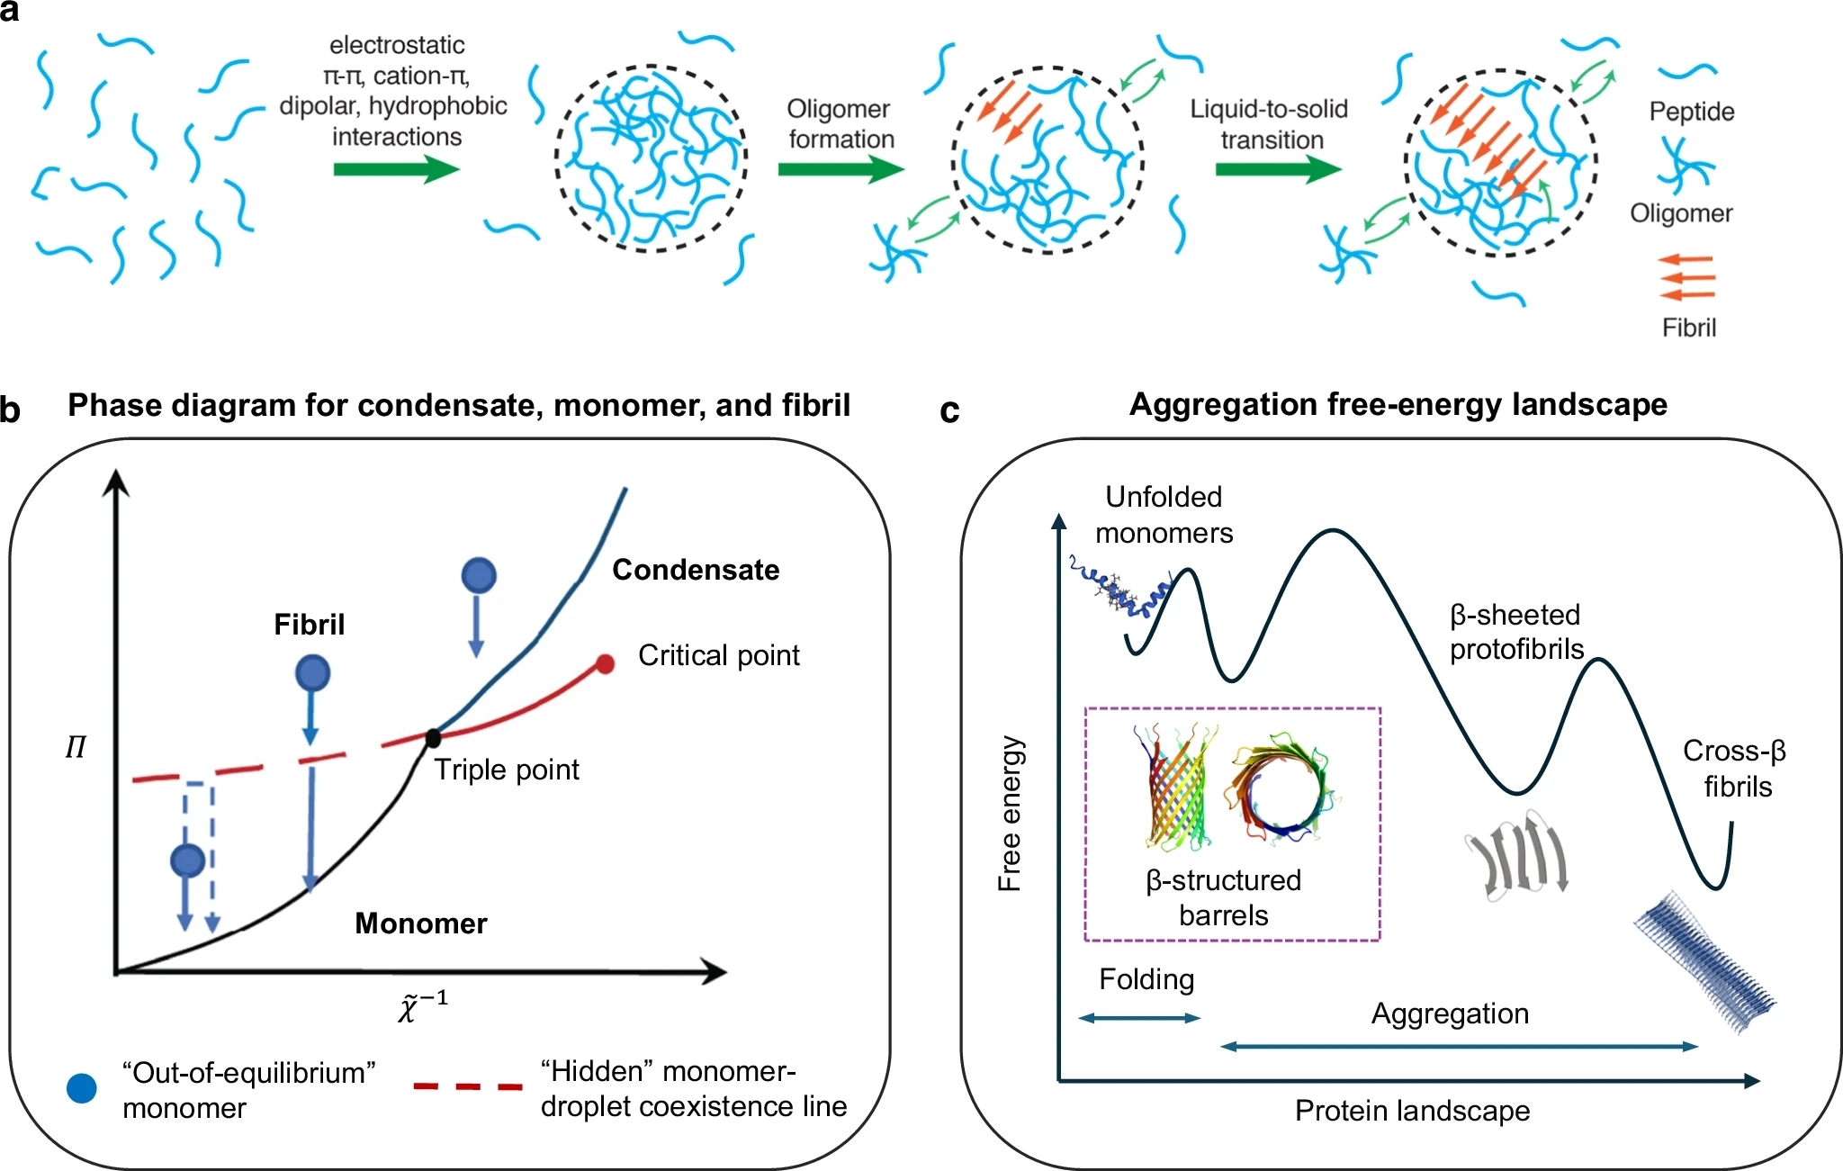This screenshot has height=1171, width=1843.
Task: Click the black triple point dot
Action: tap(433, 738)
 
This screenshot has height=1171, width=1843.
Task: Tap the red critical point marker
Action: tap(606, 664)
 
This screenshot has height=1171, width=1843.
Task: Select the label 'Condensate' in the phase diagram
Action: tap(696, 570)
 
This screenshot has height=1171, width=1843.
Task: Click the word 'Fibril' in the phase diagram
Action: tap(309, 625)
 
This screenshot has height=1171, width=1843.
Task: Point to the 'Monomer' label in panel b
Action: tap(421, 923)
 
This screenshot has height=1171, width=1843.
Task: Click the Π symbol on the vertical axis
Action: tap(76, 748)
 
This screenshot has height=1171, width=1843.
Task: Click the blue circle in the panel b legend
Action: tap(82, 1088)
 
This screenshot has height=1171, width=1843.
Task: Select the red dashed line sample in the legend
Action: tap(467, 1086)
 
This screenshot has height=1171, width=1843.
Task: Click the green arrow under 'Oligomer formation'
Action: tap(841, 169)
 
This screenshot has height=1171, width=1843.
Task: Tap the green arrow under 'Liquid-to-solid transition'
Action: tap(1277, 169)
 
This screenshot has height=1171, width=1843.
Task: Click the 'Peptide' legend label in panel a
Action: tap(1692, 112)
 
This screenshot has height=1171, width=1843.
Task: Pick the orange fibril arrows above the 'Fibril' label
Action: tap(1687, 276)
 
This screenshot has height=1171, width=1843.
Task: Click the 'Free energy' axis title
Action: tap(1010, 814)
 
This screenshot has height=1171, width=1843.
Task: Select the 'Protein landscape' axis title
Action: tap(1412, 1111)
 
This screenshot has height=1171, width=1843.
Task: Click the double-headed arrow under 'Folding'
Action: tap(1139, 1018)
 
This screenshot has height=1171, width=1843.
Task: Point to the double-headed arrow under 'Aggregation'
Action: tap(1459, 1046)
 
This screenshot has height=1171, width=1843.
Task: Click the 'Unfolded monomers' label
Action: tap(1164, 515)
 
